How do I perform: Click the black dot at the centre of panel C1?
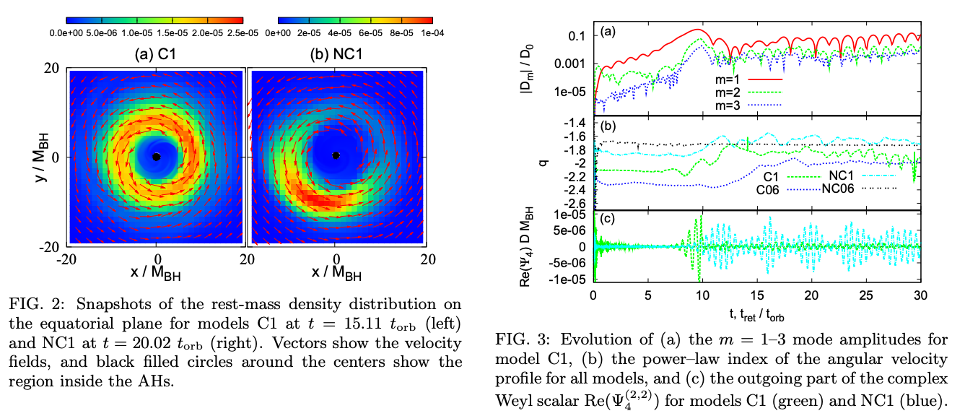pos(157,157)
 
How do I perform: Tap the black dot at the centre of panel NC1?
pos(336,155)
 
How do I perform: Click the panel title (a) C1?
pos(155,54)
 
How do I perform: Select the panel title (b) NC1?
pos(336,54)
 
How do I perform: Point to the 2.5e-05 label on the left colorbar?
pos(243,33)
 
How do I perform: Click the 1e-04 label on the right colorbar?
pos(432,33)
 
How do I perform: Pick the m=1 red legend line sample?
pos(765,79)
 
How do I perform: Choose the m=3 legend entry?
pos(748,105)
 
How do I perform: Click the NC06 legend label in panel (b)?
pos(838,188)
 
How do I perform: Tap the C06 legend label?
pos(768,190)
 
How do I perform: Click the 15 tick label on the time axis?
pos(757,295)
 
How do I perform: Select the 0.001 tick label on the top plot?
pos(570,64)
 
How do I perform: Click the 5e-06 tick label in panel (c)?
pos(569,230)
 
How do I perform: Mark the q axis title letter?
pos(544,163)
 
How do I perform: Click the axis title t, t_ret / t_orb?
pos(756,316)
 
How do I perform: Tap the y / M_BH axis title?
pos(42,157)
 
